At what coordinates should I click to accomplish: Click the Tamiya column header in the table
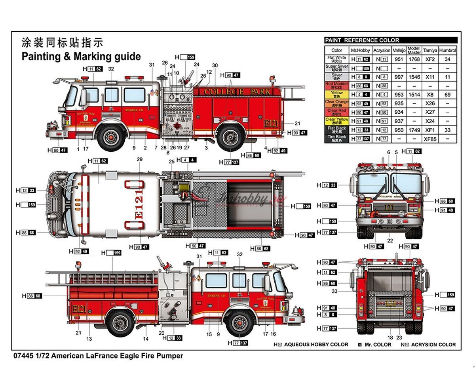[430, 50]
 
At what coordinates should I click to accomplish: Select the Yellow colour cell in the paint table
[336, 95]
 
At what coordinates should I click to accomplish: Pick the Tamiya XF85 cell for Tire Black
[430, 139]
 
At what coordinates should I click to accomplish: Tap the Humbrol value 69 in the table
[447, 95]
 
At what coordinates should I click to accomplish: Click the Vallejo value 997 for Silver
[399, 77]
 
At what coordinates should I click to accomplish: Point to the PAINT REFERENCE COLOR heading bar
[391, 40]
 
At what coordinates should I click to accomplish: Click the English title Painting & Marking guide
[81, 56]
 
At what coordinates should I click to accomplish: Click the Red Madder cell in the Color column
[336, 86]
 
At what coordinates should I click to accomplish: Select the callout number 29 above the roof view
[139, 159]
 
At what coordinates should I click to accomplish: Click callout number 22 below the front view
[390, 240]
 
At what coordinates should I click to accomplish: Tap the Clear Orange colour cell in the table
[336, 103]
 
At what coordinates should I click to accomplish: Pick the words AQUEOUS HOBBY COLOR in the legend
[316, 345]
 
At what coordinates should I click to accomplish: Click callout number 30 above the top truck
[215, 66]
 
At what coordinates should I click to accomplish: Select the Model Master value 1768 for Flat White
[414, 59]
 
